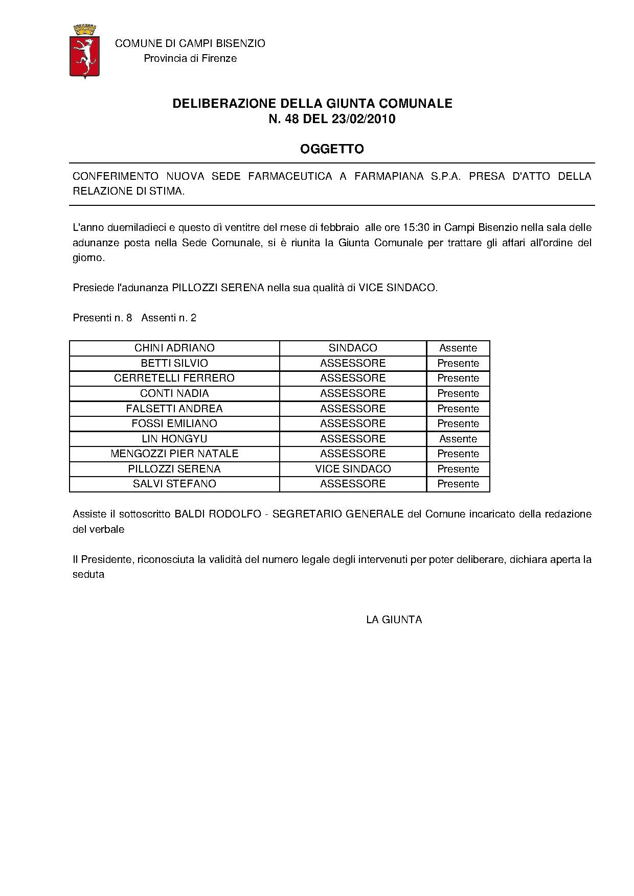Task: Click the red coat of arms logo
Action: (84, 51)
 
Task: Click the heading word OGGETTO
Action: (332, 149)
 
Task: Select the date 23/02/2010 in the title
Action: (366, 120)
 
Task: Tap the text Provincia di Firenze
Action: (190, 58)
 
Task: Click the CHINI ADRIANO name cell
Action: (174, 348)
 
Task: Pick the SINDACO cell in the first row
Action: (353, 348)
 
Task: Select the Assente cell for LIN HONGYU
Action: (458, 439)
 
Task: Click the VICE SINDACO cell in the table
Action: (353, 469)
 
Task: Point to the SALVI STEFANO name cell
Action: (174, 484)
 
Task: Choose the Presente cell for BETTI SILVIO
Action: (458, 363)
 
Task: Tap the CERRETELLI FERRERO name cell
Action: (174, 378)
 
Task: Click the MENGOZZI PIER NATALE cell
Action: (174, 454)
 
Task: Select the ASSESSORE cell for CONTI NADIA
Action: (353, 393)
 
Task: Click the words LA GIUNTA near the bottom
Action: (394, 620)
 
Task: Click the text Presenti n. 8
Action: (102, 318)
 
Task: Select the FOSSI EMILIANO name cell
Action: (174, 423)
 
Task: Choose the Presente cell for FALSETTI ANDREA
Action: (458, 409)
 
